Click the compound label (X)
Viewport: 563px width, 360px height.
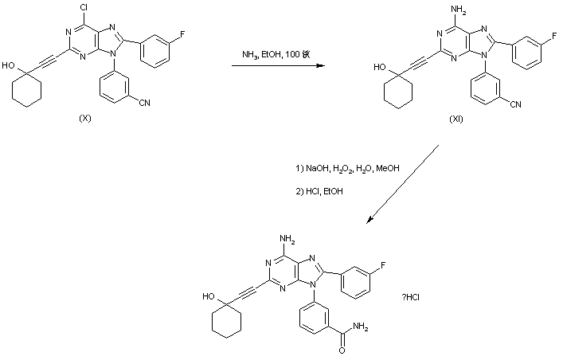(85, 118)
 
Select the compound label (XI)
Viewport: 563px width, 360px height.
(456, 119)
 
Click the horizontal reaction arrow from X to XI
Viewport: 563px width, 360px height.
(278, 67)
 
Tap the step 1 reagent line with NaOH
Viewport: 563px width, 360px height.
(346, 168)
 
